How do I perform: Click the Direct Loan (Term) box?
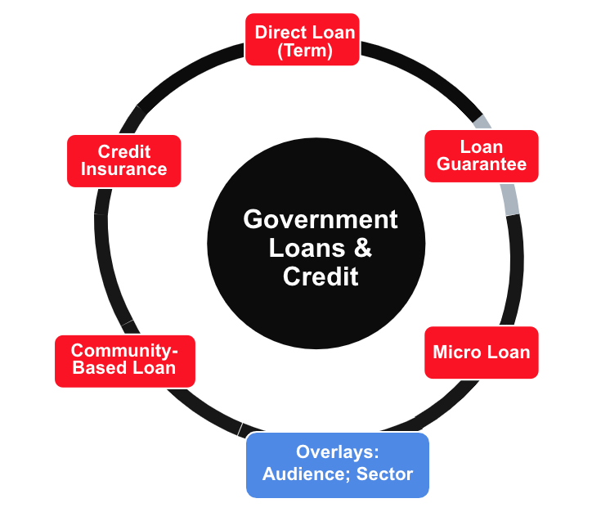(x=303, y=39)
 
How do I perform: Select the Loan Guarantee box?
(x=482, y=156)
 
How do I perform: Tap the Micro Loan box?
(x=482, y=353)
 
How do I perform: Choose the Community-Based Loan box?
(x=125, y=362)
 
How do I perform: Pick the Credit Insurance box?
(x=123, y=161)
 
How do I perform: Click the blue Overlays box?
(x=338, y=465)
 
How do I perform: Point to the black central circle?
(x=316, y=243)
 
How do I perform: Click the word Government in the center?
(x=321, y=219)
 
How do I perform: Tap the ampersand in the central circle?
(x=362, y=248)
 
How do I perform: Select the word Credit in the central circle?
(x=321, y=276)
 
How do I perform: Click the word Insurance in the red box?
(x=123, y=169)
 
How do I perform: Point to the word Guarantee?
(x=482, y=164)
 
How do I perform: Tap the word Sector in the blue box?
(x=384, y=474)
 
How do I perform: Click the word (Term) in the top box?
(x=305, y=51)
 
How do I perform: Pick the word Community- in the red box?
(x=124, y=350)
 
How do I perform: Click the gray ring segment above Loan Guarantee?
(x=482, y=122)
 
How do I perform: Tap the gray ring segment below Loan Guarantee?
(x=510, y=199)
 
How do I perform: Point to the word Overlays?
(x=337, y=452)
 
